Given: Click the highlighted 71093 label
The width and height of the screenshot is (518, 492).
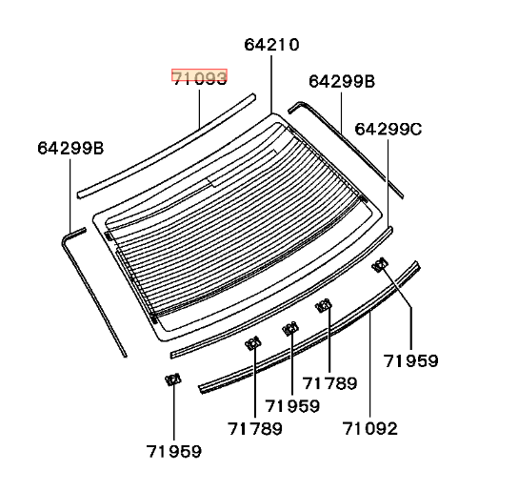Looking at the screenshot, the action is click(x=199, y=78).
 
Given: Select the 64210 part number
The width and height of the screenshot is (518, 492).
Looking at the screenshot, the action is click(x=271, y=45).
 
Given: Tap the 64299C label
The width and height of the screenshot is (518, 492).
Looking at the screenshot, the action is click(x=388, y=129).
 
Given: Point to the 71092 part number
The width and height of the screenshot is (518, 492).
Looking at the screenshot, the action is click(x=370, y=428).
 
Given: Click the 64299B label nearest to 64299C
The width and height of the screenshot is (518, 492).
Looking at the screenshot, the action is click(x=342, y=81).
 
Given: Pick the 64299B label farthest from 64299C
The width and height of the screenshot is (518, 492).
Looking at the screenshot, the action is click(x=70, y=148).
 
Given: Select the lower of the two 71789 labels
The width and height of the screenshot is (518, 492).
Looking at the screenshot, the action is click(x=255, y=429).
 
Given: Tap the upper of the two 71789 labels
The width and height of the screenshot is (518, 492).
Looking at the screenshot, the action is click(x=329, y=383).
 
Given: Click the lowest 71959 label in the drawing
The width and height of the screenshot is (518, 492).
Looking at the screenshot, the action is click(x=173, y=451).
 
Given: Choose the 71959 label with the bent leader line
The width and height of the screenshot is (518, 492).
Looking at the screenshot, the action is click(x=410, y=360).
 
